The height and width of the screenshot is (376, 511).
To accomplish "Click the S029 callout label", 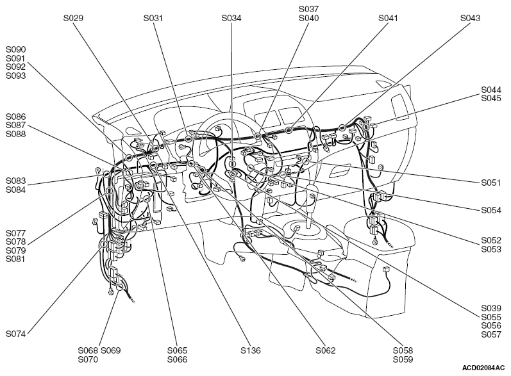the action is click(73, 18).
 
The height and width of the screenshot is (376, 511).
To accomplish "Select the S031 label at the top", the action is click(153, 18).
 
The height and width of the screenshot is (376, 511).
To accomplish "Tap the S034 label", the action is click(231, 18).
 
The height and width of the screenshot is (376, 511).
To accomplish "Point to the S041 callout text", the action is click(388, 18).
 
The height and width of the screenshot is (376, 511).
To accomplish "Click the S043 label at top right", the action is click(470, 18).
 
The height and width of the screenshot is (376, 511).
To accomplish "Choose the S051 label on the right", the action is click(491, 183).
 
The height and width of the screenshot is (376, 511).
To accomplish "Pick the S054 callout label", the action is click(491, 210).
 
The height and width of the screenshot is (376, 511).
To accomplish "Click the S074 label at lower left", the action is click(15, 334).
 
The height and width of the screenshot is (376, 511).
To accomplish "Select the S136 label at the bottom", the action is click(251, 350).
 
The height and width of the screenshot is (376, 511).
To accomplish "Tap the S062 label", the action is click(326, 350).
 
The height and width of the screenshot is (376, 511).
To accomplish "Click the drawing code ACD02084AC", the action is click(483, 368).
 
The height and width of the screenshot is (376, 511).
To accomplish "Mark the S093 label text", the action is click(15, 76).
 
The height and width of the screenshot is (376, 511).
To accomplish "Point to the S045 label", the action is click(491, 98).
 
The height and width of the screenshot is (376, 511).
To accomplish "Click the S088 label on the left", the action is click(15, 134).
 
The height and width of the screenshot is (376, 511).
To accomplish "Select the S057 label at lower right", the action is click(491, 334).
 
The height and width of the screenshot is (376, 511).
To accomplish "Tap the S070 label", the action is click(88, 360).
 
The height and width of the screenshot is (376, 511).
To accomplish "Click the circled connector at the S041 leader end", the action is click(289, 130).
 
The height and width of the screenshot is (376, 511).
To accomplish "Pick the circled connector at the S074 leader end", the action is click(103, 244).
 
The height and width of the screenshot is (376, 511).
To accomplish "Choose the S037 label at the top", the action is click(308, 9).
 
